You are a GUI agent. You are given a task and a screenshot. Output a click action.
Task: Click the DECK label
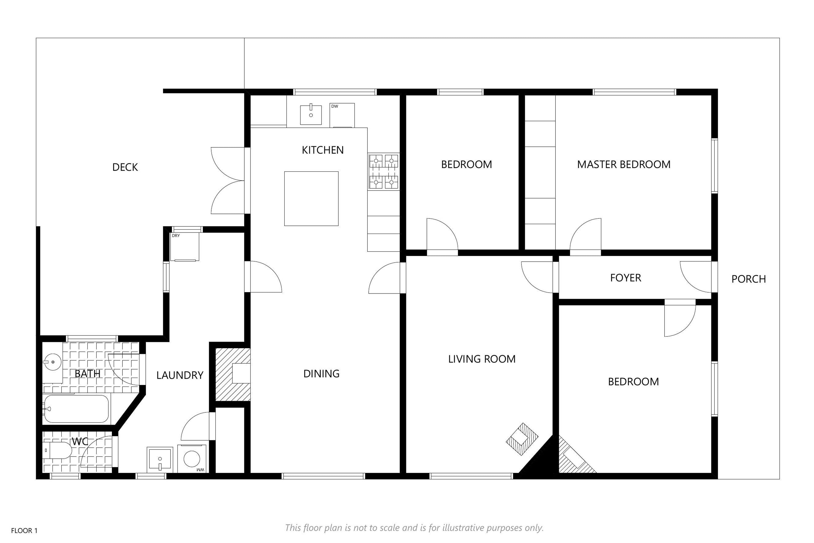125,167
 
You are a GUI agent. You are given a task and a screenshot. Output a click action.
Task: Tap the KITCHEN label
323,150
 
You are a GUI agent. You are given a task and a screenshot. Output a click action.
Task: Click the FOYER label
625,278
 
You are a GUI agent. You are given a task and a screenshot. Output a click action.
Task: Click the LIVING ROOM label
482,359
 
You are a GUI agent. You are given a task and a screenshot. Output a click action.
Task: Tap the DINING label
321,374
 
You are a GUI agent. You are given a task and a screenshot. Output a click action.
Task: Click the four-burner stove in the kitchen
383,172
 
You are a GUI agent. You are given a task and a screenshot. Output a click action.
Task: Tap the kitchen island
311,199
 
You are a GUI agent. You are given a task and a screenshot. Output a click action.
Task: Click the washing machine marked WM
192,459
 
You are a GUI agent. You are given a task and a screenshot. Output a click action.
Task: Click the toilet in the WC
57,450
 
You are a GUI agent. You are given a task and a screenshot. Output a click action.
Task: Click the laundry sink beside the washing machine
160,460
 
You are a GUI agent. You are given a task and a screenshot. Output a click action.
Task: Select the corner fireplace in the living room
522,439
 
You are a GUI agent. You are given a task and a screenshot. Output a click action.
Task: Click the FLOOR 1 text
24,530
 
